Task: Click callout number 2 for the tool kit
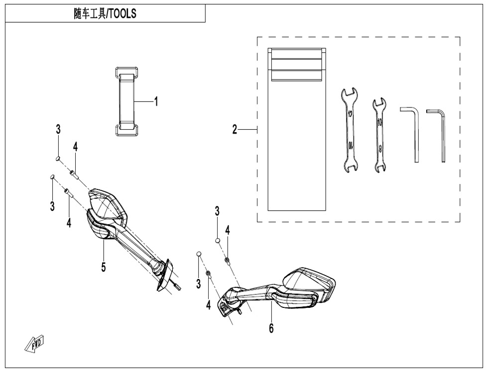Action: pyautogui.click(x=234, y=130)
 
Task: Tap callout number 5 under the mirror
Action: pyautogui.click(x=104, y=267)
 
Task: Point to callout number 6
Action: pyautogui.click(x=271, y=328)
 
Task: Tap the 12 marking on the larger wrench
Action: pyautogui.click(x=351, y=115)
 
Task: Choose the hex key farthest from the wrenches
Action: pyautogui.click(x=440, y=134)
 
